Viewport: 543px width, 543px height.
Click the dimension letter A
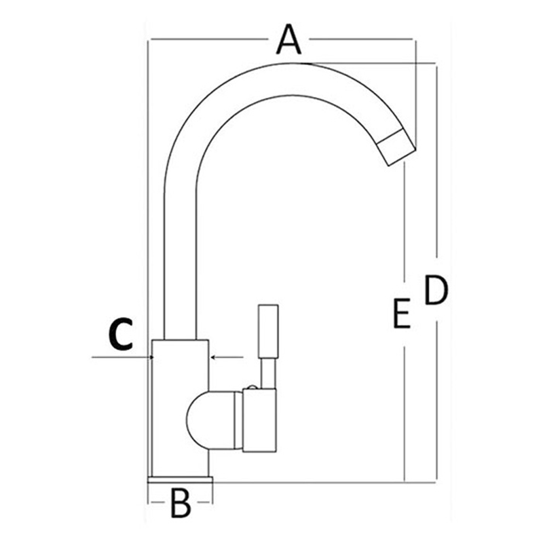tap(288, 39)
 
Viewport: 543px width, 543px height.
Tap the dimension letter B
tap(181, 503)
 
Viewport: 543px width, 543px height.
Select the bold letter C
tap(120, 334)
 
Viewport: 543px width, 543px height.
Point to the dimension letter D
tap(436, 290)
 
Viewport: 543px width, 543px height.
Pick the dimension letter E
tap(402, 313)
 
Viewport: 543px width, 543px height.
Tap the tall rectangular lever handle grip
tap(268, 331)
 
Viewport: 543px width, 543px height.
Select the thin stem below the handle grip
tap(268, 373)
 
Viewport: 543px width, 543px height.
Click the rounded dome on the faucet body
tap(198, 420)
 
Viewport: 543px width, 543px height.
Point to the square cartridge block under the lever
tap(259, 420)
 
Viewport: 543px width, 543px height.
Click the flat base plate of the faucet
tap(180, 479)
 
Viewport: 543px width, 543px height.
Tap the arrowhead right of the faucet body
tap(213, 357)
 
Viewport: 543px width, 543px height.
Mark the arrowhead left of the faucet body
tap(150, 357)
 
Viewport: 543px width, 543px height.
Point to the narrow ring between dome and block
tap(238, 420)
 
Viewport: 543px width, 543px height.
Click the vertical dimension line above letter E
tap(405, 223)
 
